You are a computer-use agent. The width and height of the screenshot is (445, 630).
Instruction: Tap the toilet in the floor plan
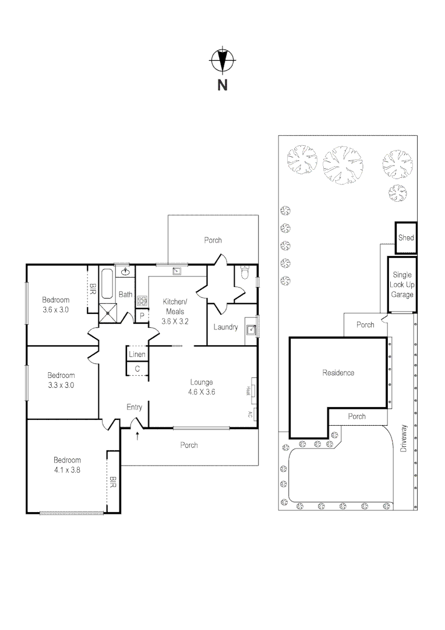(245, 274)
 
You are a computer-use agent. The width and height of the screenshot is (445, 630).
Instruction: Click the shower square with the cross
(107, 313)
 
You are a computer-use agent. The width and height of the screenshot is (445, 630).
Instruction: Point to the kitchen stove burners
(142, 302)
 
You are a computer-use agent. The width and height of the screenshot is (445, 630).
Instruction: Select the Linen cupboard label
(137, 355)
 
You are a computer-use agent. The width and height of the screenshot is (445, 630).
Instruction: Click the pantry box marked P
(142, 316)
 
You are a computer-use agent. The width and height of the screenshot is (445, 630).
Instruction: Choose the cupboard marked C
(137, 369)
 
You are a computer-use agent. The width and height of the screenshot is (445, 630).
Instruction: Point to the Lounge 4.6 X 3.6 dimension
(202, 392)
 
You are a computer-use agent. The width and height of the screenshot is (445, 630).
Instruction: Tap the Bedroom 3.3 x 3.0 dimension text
(61, 385)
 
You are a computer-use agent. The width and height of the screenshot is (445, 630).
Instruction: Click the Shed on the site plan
(406, 238)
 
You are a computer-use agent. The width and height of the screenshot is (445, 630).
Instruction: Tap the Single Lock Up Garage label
(402, 285)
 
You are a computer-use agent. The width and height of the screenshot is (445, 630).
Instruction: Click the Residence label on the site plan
(338, 373)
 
